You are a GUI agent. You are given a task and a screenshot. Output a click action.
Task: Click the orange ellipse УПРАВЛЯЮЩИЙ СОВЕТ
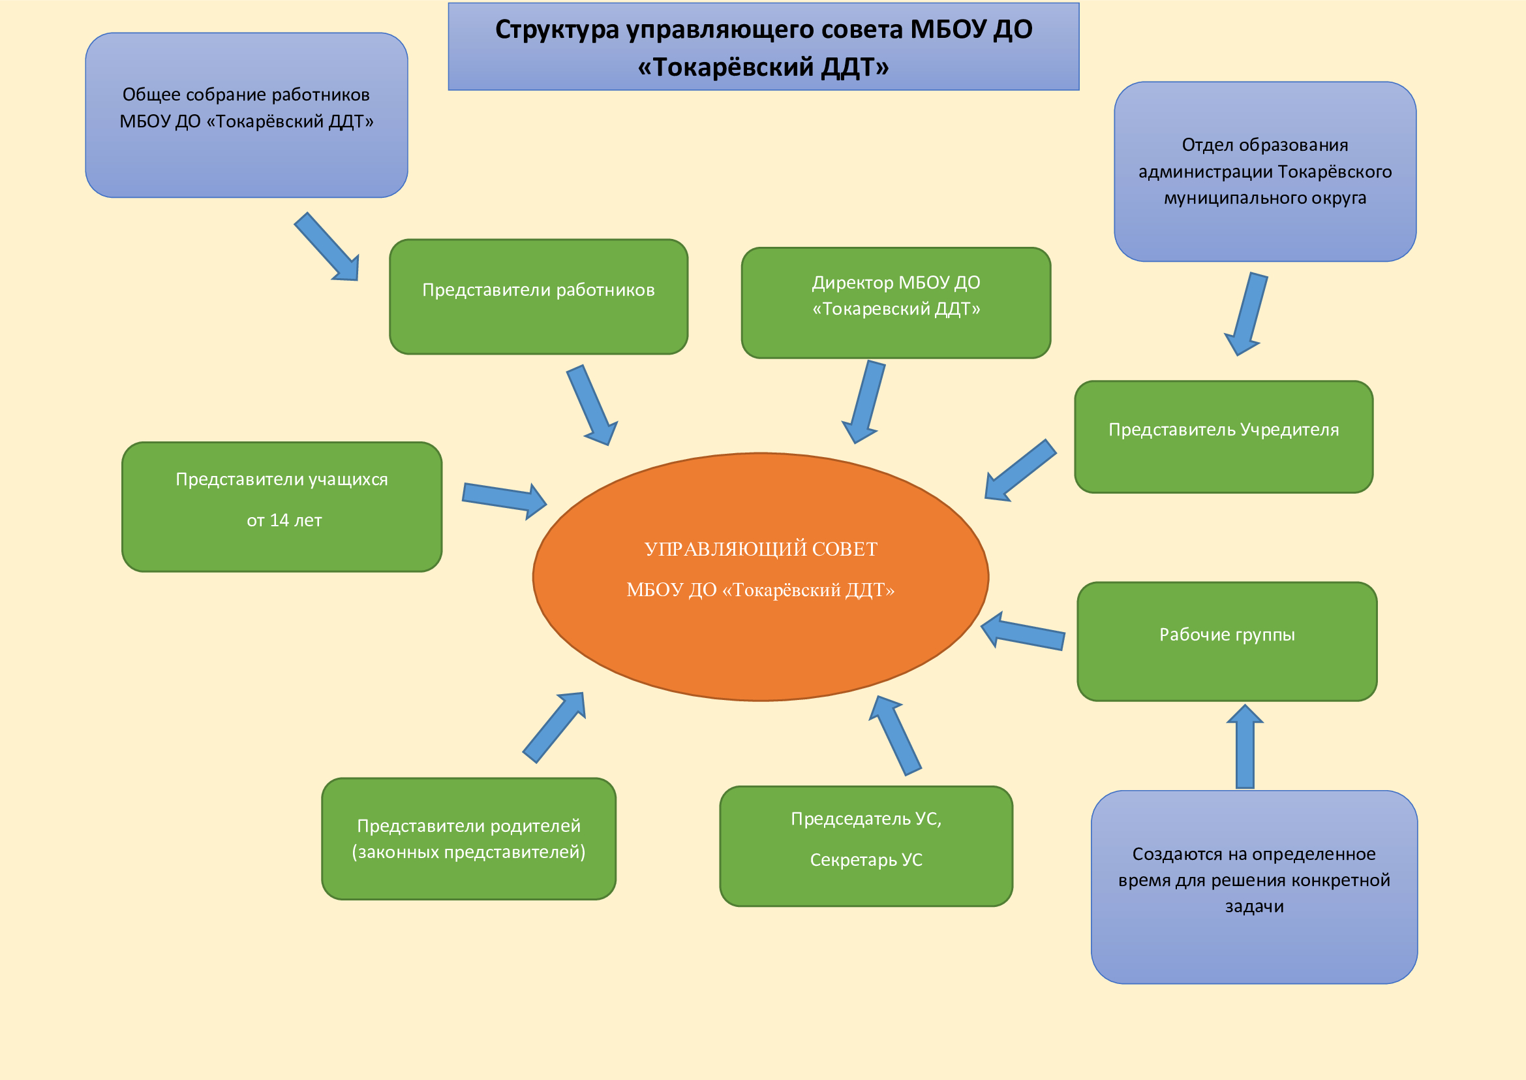[760, 576]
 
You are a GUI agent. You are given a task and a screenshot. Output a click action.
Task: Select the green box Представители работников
[538, 296]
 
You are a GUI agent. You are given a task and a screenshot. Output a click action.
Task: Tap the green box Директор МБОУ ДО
[896, 302]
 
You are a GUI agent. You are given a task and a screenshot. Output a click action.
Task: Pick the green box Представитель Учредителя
[1223, 436]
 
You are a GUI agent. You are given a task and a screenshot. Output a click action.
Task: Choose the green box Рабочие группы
[1227, 641]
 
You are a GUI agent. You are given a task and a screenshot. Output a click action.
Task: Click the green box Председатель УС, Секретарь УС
[866, 846]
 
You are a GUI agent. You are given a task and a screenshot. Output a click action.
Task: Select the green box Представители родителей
[468, 838]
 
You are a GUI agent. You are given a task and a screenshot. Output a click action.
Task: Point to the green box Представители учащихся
[282, 507]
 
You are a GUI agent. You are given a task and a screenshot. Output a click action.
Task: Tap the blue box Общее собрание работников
[247, 115]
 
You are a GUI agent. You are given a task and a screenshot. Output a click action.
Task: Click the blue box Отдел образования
[1265, 172]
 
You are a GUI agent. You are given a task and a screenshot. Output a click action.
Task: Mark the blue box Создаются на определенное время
[1254, 887]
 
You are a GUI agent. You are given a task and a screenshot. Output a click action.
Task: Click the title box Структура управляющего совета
[764, 46]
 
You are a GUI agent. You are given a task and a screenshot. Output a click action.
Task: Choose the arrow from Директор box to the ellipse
[865, 402]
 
